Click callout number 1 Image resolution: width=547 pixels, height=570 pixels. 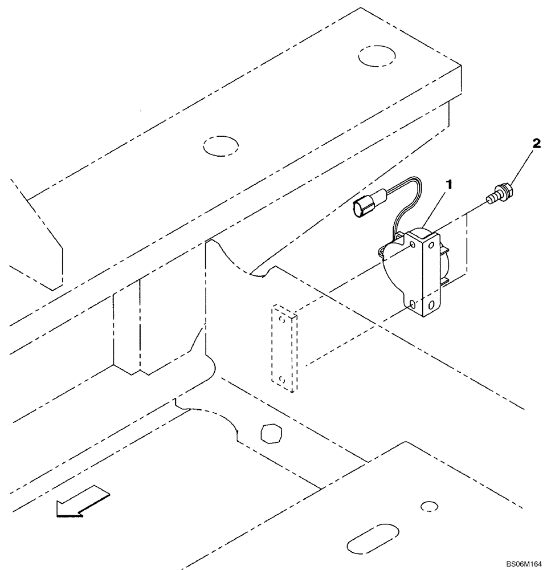450,185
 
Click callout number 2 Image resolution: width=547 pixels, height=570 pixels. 536,145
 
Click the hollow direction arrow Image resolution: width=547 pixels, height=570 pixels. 83,502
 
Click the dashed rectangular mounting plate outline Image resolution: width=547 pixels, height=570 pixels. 283,348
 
